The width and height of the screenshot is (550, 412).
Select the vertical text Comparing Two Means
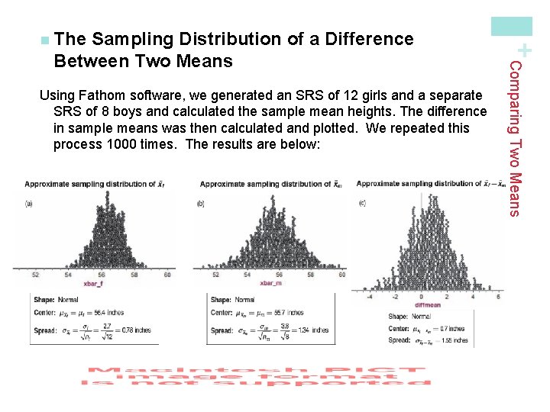(x=516, y=137)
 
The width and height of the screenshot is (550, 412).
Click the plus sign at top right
(x=525, y=50)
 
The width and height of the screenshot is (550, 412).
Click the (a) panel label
(x=29, y=203)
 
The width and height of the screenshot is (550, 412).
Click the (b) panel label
(x=201, y=204)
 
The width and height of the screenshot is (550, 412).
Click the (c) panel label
(x=361, y=202)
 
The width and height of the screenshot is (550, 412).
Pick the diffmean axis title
(x=422, y=304)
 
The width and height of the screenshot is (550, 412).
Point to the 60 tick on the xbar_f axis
(x=167, y=275)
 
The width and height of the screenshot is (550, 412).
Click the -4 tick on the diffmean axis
(x=370, y=297)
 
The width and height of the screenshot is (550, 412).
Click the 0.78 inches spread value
(x=135, y=330)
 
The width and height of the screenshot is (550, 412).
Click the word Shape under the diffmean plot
(x=398, y=317)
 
